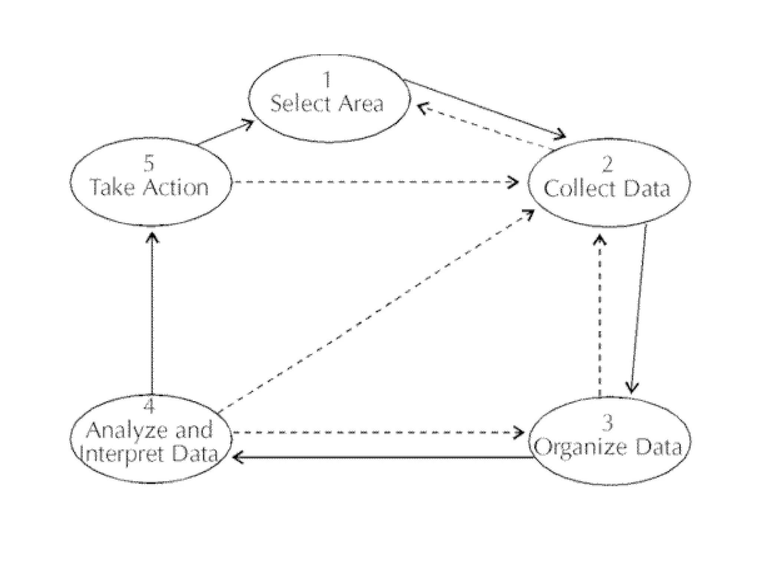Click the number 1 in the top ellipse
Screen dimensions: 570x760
327,79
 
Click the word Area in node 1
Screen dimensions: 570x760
361,104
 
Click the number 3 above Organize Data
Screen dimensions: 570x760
607,423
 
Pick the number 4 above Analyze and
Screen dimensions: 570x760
149,406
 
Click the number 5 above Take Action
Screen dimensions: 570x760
149,163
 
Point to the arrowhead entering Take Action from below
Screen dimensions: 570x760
152,237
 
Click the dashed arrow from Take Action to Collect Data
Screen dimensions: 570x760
371,182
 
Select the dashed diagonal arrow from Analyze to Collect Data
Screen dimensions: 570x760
371,312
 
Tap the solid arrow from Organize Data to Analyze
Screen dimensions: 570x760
382,457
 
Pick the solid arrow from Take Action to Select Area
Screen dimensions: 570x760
225,133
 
